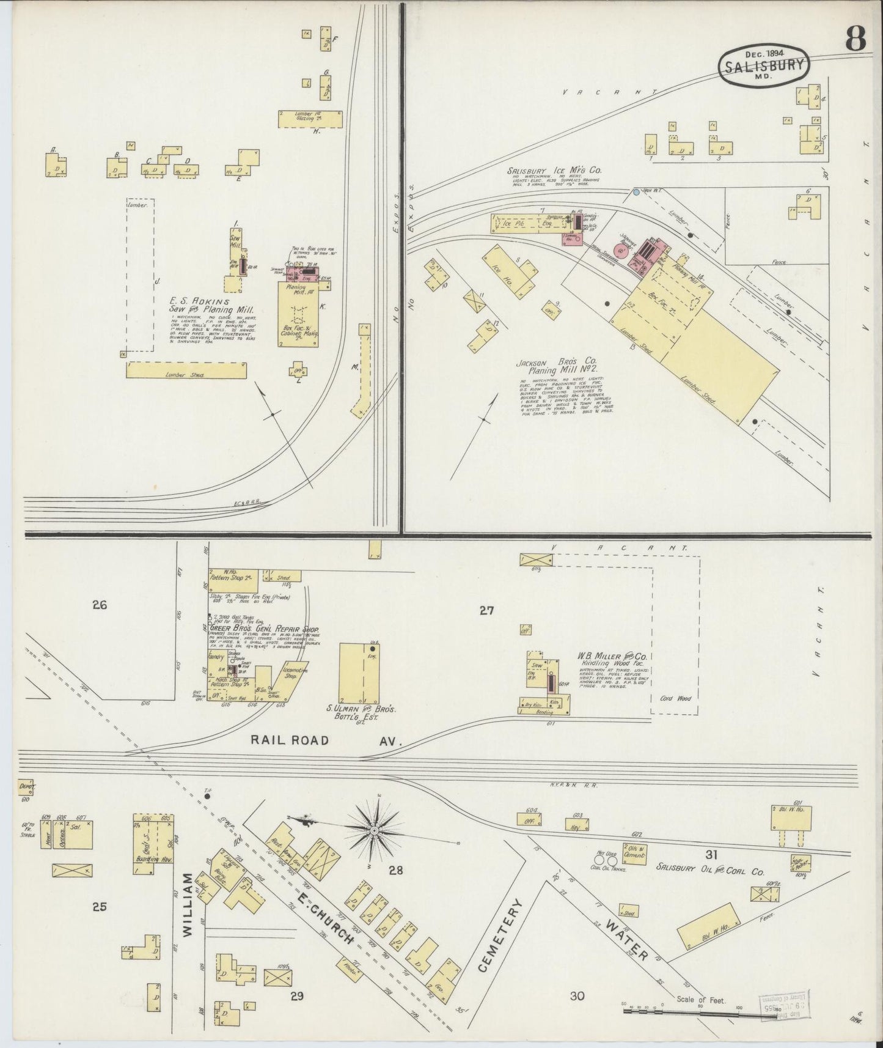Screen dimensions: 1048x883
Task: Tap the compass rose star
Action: click(374, 831)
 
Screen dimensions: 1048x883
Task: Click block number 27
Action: click(486, 610)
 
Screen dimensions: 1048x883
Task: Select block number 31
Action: click(711, 854)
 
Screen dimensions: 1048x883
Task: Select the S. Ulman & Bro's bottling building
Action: click(359, 673)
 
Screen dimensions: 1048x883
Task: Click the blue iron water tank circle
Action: click(636, 192)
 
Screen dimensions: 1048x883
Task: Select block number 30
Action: click(577, 996)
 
